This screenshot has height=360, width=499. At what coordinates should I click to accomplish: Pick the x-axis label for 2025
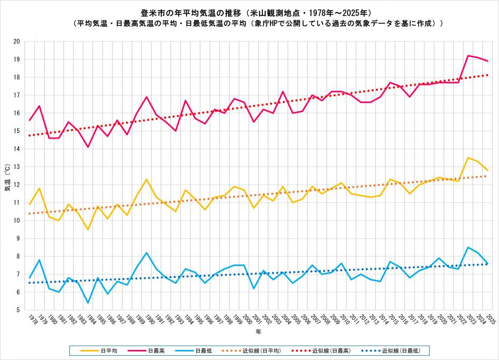[x=490, y=320]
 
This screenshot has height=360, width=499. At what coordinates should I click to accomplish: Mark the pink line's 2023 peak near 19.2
[x=468, y=55]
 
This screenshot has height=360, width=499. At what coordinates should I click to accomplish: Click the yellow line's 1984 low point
[x=88, y=229]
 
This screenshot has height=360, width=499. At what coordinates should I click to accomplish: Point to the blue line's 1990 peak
[x=146, y=253]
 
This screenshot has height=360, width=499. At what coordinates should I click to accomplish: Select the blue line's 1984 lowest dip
[x=88, y=303]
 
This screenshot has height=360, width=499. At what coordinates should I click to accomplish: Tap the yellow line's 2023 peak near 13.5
[x=468, y=157]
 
